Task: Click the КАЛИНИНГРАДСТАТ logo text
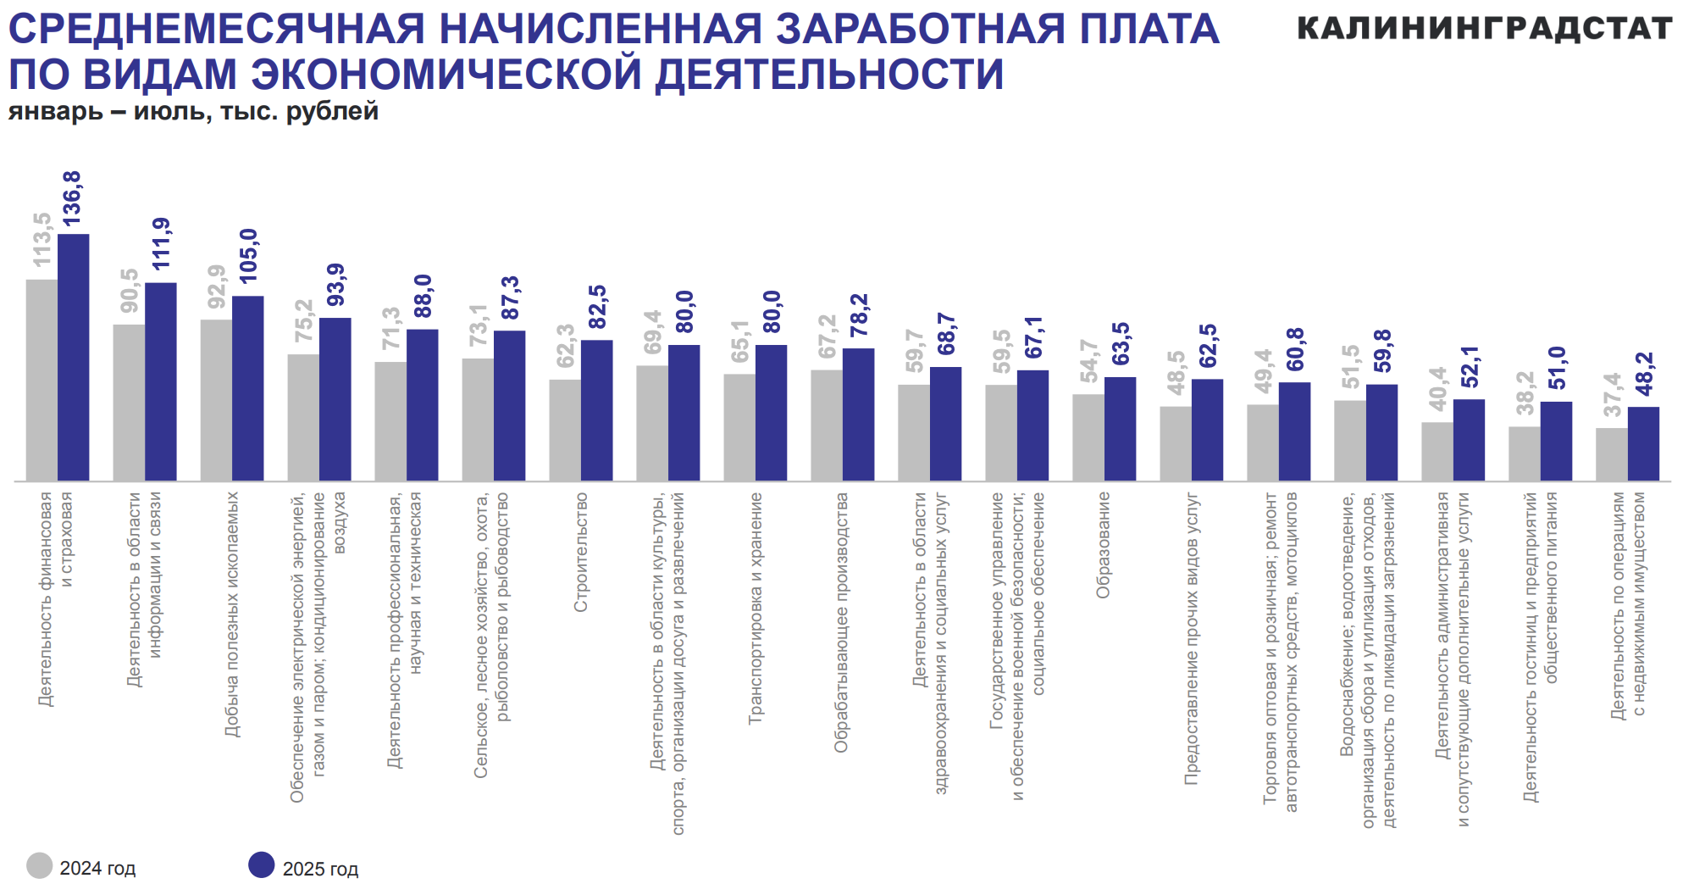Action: pyautogui.click(x=1484, y=29)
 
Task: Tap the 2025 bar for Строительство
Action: pyautogui.click(x=596, y=411)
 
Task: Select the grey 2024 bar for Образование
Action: pyautogui.click(x=1088, y=437)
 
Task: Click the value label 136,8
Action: pyautogui.click(x=72, y=199)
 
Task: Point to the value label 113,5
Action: pyautogui.click(x=42, y=240)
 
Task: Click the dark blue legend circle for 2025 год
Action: pyautogui.click(x=262, y=865)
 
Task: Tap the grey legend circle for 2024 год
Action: pyautogui.click(x=40, y=865)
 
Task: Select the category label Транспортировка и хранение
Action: pyautogui.click(x=756, y=608)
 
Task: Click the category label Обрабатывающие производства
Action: pyautogui.click(x=841, y=622)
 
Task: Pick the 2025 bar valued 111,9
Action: pyautogui.click(x=161, y=381)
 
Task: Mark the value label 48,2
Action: pyautogui.click(x=1644, y=374)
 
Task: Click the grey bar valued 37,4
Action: pyautogui.click(x=1612, y=454)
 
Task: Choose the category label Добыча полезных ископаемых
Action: pyautogui.click(x=232, y=614)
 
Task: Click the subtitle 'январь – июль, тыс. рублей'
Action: pyautogui.click(x=193, y=112)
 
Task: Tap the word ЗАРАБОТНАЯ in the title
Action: pyautogui.click(x=921, y=29)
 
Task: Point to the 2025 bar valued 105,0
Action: pyautogui.click(x=248, y=388)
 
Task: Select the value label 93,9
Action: pyautogui.click(x=336, y=285)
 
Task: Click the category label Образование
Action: pyautogui.click(x=1103, y=545)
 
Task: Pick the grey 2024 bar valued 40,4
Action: pyautogui.click(x=1437, y=452)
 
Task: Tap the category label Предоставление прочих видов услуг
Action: pyautogui.click(x=1192, y=637)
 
